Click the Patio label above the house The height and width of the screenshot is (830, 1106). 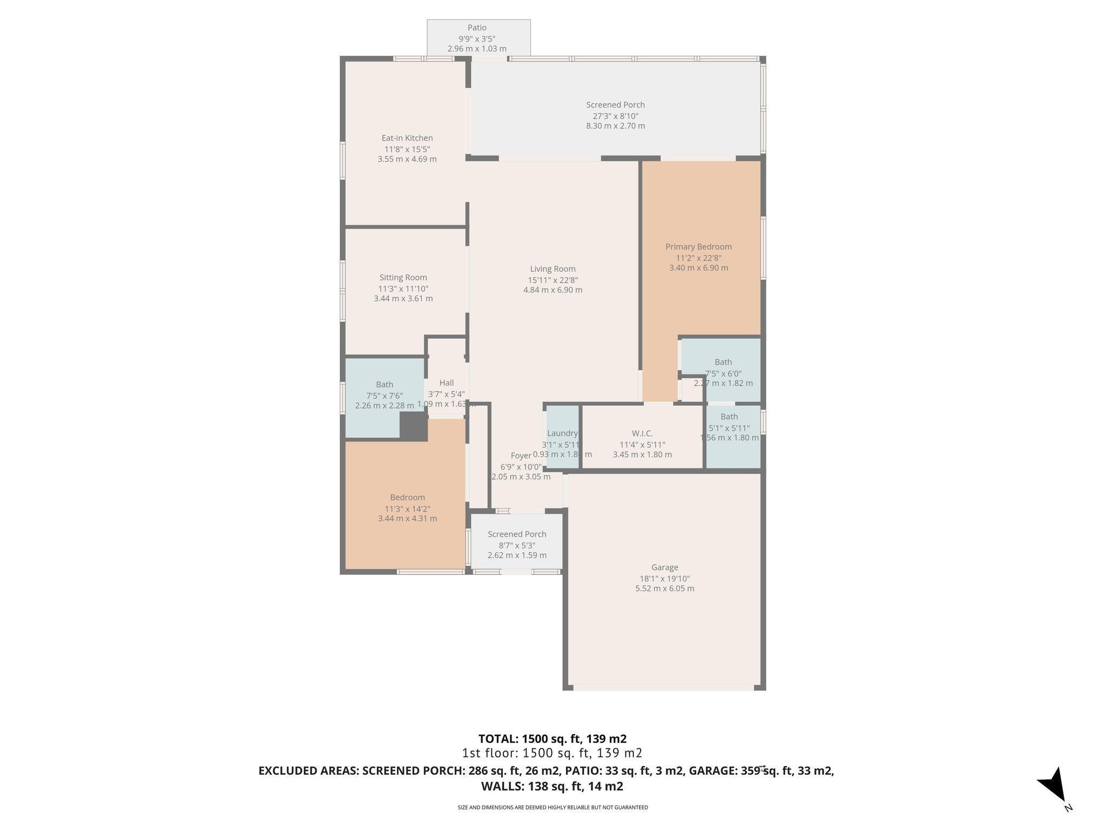(477, 28)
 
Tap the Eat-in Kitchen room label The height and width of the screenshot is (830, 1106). (407, 138)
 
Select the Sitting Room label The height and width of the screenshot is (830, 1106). (403, 278)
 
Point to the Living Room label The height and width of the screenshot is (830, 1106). (552, 269)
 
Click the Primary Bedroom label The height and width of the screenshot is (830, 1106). (698, 247)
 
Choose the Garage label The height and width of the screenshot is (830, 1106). (664, 567)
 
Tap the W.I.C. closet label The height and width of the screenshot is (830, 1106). (642, 433)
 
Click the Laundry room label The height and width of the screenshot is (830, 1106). (562, 433)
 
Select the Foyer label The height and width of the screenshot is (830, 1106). (521, 456)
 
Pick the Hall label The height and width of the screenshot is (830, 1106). (446, 383)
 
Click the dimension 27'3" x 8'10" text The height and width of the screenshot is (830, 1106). (616, 116)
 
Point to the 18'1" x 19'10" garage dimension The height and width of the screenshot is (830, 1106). (664, 579)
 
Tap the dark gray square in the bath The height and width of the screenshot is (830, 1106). (413, 426)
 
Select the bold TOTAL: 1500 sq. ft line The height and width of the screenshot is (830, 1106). (552, 739)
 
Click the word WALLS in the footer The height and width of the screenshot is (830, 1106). (502, 786)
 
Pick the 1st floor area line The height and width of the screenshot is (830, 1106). (552, 753)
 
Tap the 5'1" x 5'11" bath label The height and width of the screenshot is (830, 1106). (729, 428)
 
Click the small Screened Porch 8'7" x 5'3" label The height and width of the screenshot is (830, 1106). (517, 545)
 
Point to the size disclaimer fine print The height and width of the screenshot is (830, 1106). (552, 808)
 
